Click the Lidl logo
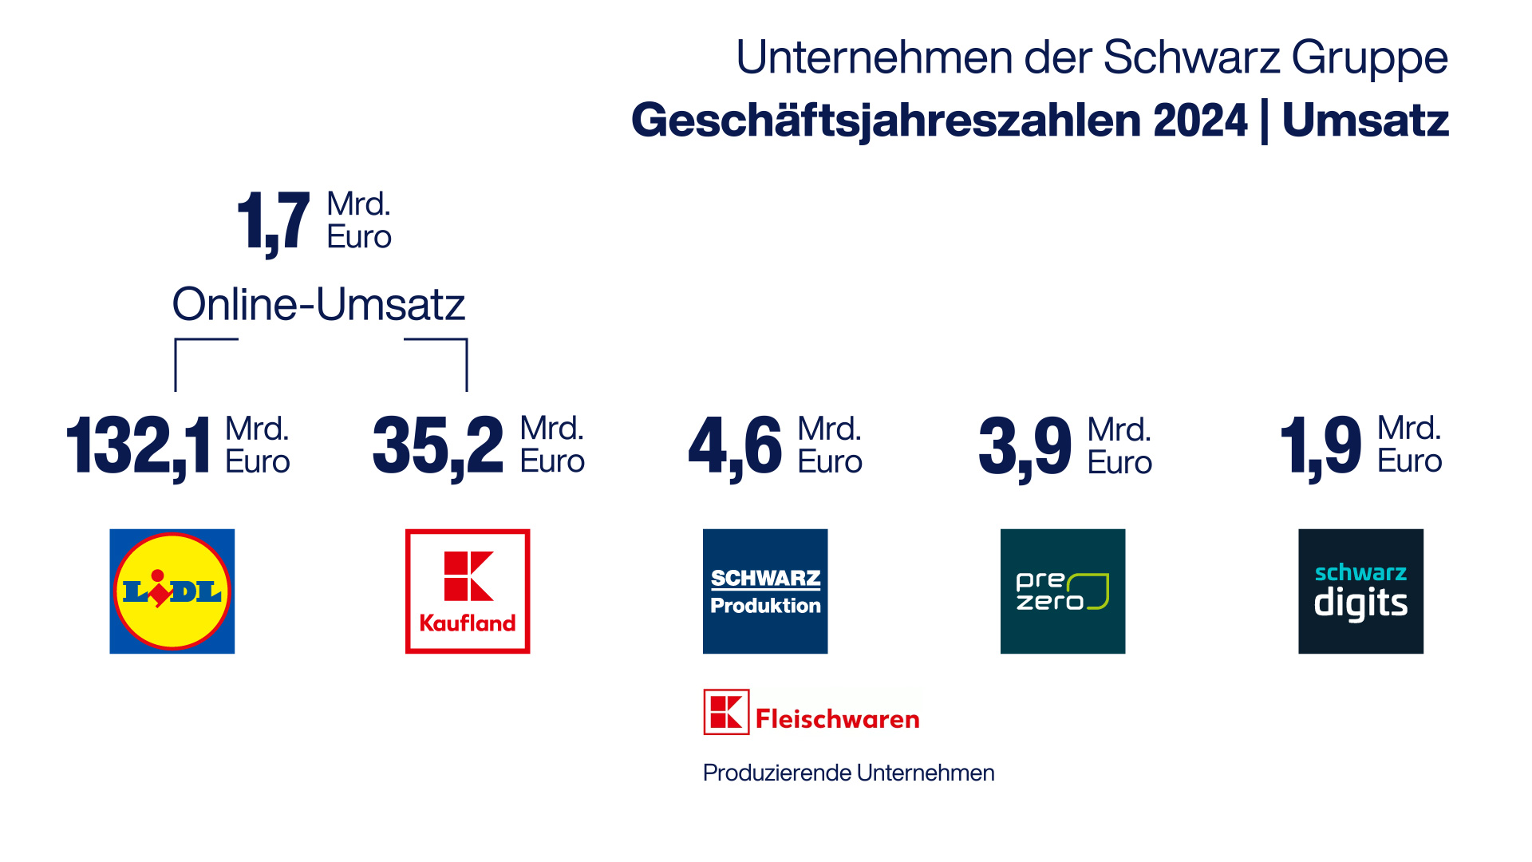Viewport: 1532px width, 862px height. click(x=172, y=591)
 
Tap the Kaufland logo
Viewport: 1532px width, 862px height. click(x=468, y=591)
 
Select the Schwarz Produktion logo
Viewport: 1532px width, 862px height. click(x=765, y=591)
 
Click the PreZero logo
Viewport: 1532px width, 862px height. click(x=1063, y=591)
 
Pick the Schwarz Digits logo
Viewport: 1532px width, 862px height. click(x=1360, y=591)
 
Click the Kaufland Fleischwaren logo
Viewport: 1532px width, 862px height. click(x=811, y=713)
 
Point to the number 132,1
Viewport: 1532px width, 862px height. click(x=139, y=446)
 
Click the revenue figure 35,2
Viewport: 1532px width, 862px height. click(x=438, y=446)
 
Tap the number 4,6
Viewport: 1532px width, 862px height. click(x=735, y=446)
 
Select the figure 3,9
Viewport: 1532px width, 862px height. click(x=1025, y=446)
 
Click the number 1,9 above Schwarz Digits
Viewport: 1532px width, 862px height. click(x=1321, y=446)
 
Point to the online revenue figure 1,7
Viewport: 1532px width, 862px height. click(x=273, y=221)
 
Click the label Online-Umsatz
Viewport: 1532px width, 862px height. click(x=318, y=304)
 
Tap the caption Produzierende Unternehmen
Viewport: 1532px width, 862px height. click(x=848, y=773)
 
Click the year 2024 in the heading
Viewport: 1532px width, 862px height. click(x=1200, y=121)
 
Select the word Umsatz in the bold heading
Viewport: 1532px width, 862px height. click(x=1365, y=121)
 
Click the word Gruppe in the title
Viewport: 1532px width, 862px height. click(x=1369, y=57)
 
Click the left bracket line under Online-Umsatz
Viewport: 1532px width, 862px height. click(x=176, y=363)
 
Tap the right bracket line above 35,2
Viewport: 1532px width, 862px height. click(x=466, y=363)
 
